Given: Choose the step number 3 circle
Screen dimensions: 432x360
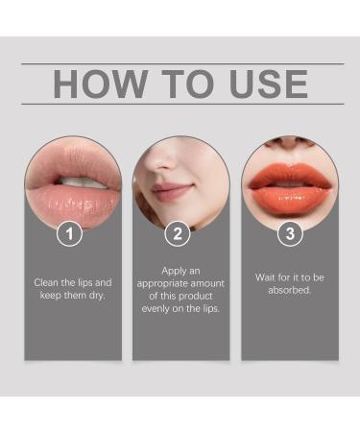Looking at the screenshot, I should [289, 232].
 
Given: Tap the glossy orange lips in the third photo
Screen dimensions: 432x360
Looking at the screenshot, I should [289, 181].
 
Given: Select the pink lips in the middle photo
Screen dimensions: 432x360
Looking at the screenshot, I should [174, 192].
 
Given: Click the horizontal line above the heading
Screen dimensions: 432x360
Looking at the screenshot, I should [181, 63].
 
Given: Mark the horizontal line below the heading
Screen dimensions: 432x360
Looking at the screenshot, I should [181, 104].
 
